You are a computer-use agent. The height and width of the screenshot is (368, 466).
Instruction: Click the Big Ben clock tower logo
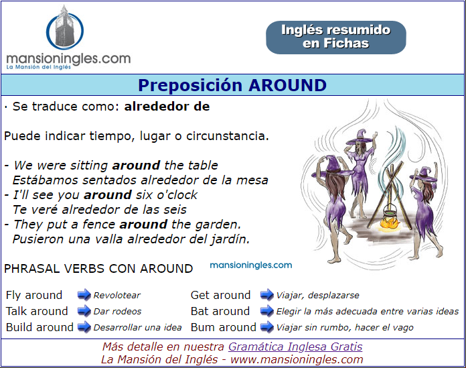pos(65,27)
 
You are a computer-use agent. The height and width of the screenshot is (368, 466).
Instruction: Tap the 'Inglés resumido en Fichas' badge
pos(336,37)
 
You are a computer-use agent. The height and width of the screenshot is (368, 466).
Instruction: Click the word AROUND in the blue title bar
pos(288,85)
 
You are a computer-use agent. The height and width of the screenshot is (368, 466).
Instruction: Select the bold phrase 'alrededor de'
pos(167,106)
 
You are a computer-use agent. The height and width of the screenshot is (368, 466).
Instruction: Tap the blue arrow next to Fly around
pos(84,295)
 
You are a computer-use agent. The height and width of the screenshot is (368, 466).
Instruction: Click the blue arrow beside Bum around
pos(266,327)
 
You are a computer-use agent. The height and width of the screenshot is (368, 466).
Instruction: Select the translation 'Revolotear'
pos(116,296)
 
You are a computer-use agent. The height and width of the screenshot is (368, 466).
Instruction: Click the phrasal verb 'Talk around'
pos(37,311)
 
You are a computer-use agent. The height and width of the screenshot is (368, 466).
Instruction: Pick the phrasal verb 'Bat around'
pos(220,311)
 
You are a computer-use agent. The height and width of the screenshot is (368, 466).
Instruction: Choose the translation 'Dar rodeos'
pos(117,312)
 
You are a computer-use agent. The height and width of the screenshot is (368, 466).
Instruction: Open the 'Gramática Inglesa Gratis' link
pos(295,347)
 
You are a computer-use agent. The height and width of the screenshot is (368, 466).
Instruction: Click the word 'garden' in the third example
pos(217,225)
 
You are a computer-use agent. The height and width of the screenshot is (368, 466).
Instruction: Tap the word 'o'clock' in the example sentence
pos(177,195)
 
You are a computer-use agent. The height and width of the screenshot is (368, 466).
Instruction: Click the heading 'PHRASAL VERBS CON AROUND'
pos(98,269)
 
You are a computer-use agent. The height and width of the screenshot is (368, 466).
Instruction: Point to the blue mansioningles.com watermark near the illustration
pos(251,265)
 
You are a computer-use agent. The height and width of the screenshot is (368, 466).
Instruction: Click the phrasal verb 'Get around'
pos(220,295)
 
